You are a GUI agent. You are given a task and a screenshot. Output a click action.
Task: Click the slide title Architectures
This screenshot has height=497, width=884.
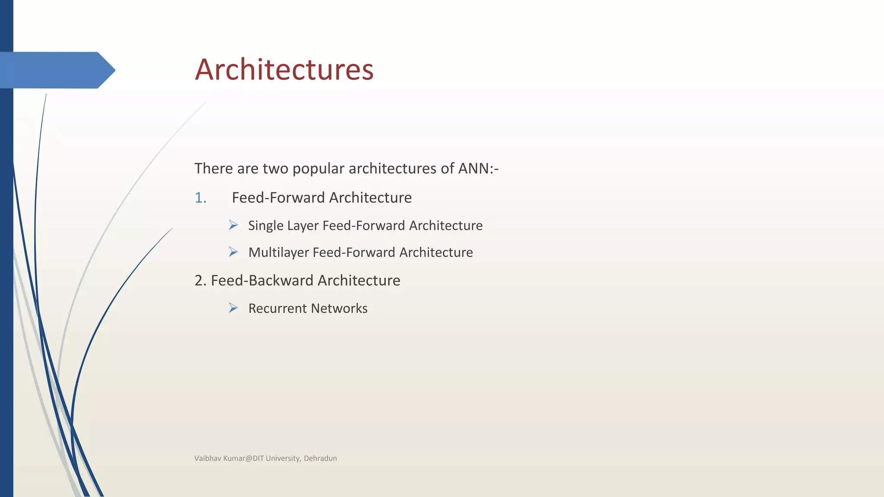(284, 69)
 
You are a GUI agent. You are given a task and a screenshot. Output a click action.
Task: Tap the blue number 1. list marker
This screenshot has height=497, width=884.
(200, 198)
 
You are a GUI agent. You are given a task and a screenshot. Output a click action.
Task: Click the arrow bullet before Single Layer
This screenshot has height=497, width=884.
(233, 225)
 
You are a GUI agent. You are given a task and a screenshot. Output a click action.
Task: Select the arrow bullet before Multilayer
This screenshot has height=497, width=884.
(233, 252)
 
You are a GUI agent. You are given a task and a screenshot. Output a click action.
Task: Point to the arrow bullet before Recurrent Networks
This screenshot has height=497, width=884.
(233, 308)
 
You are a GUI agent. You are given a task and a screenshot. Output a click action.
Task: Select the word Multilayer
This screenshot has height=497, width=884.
(278, 252)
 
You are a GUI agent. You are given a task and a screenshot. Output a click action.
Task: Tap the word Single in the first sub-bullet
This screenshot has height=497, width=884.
(265, 226)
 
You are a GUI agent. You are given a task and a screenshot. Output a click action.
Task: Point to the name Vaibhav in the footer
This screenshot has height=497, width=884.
(208, 458)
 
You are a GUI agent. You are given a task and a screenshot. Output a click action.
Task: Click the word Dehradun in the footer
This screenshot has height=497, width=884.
(320, 458)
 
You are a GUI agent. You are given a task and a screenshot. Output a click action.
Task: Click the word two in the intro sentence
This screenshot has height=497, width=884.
(276, 168)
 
